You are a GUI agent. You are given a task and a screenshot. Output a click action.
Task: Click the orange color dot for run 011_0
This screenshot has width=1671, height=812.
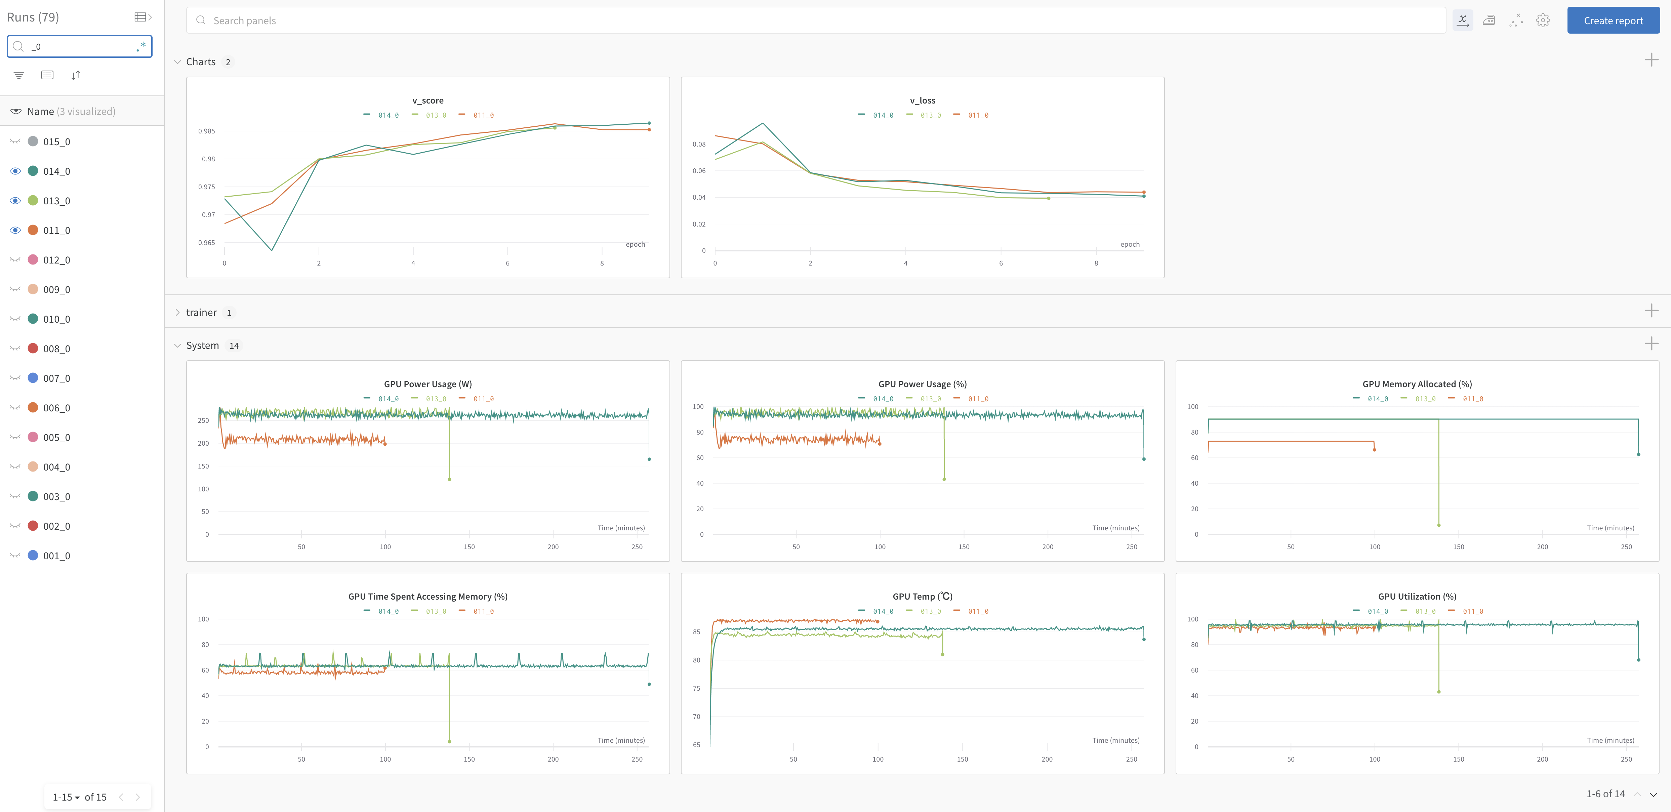tap(33, 230)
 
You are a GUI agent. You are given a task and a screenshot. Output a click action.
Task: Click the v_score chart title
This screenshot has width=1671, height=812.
tap(427, 100)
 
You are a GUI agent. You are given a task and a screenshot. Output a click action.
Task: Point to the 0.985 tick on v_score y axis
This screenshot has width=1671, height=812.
tap(206, 131)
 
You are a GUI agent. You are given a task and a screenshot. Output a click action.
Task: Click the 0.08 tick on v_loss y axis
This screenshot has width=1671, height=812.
tap(699, 144)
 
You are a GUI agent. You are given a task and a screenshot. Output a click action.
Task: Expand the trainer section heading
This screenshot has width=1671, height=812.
tap(201, 313)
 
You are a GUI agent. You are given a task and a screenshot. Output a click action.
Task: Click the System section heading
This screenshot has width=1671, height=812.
tap(202, 346)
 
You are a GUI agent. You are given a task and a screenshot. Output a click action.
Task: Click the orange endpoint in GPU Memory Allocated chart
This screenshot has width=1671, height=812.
tap(1374, 449)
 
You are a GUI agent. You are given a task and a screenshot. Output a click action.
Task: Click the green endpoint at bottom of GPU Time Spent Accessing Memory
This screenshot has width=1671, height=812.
tap(450, 741)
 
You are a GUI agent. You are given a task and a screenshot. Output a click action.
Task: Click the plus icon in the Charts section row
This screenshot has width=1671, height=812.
tap(1651, 60)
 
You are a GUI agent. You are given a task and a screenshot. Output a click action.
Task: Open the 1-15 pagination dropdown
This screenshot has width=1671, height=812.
tap(66, 797)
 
